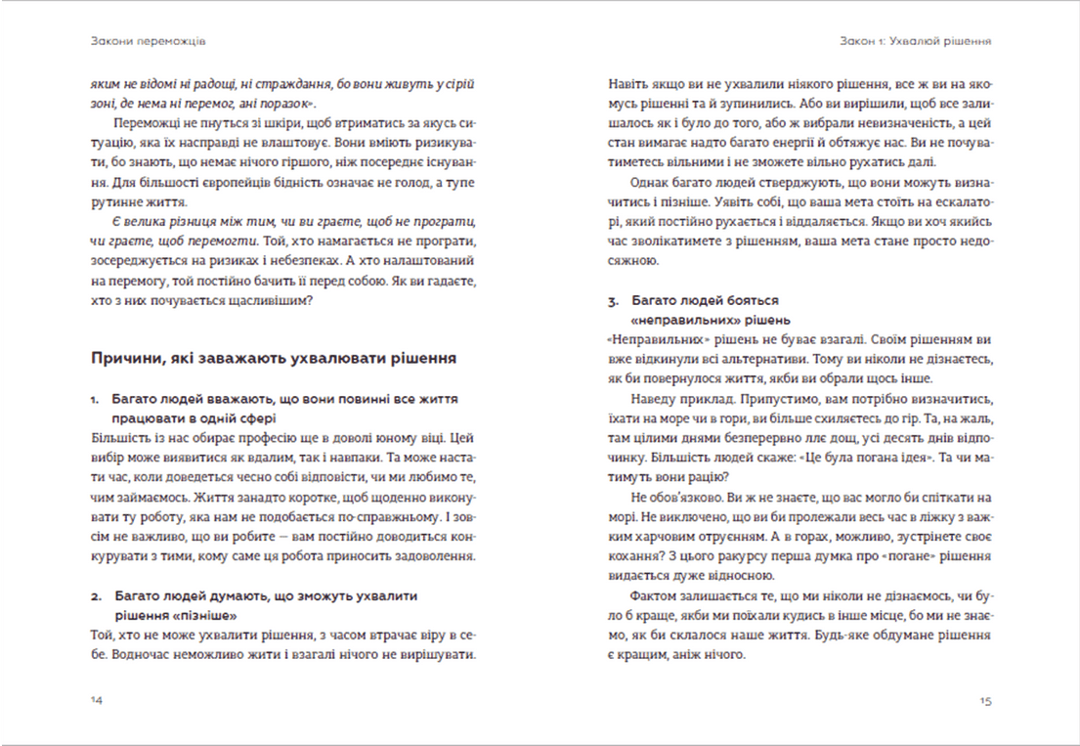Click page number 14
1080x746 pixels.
[95, 701]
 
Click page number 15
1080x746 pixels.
[985, 701]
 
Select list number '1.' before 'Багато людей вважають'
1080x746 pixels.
[95, 400]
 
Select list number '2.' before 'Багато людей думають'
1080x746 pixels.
[96, 594]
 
